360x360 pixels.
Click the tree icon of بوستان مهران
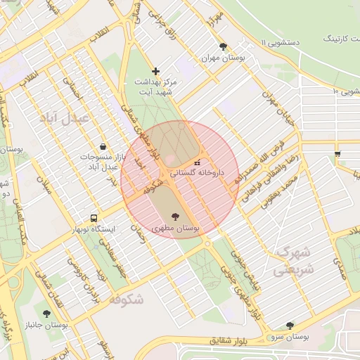pos(223,47)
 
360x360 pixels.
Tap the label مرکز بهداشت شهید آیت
pos(156,87)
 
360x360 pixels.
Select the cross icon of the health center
pos(155,71)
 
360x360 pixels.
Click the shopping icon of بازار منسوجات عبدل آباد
pos(104,146)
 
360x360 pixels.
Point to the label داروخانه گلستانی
pos(196,172)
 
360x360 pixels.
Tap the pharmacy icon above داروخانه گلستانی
pos(196,162)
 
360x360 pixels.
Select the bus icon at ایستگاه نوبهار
pos(94,218)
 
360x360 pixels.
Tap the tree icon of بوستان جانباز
pos(46,314)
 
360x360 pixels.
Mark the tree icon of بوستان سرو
pos(290,326)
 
